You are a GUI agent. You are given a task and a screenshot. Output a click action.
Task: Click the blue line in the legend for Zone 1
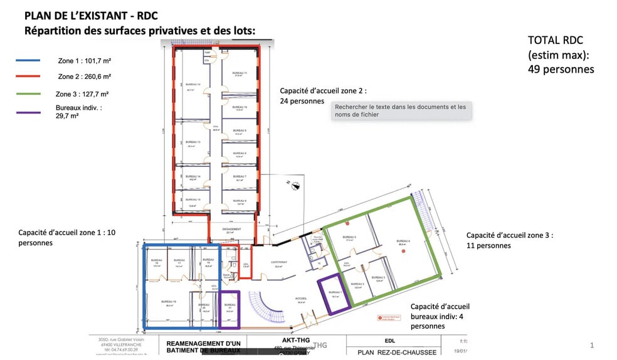pyautogui.click(x=28, y=61)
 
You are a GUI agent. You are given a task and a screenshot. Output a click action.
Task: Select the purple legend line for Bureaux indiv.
pyautogui.click(x=28, y=112)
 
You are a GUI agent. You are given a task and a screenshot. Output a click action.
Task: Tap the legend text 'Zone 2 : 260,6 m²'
pyautogui.click(x=84, y=77)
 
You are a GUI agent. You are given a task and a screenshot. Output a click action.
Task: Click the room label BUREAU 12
pyautogui.click(x=193, y=84)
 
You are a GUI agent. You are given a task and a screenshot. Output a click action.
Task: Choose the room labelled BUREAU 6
pyautogui.click(x=240, y=201)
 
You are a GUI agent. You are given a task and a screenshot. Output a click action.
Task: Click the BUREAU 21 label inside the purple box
pyautogui.click(x=230, y=307)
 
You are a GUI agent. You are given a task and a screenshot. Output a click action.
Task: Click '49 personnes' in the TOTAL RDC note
pyautogui.click(x=561, y=69)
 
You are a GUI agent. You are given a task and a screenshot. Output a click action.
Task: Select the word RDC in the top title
pyautogui.click(x=144, y=16)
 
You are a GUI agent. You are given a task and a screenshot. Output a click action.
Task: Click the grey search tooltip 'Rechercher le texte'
pyautogui.click(x=401, y=110)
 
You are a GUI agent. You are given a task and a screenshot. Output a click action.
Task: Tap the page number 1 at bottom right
pyautogui.click(x=592, y=346)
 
